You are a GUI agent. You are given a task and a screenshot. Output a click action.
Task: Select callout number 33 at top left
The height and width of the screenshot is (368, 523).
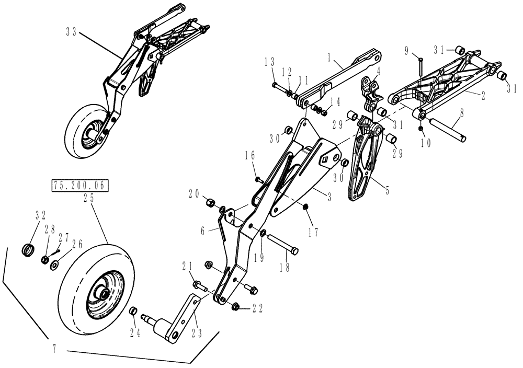tap(72, 32)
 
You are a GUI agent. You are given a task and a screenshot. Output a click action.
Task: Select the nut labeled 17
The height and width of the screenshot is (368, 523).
tap(305, 210)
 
